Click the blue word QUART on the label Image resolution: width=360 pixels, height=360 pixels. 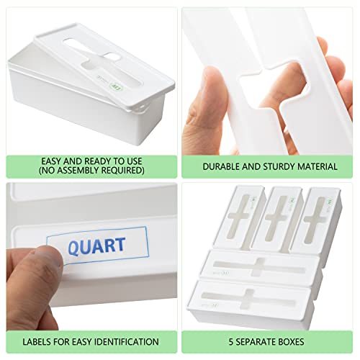click(x=96, y=246)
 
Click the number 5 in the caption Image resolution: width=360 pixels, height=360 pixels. click(x=231, y=342)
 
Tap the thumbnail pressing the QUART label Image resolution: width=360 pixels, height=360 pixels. click(x=53, y=256)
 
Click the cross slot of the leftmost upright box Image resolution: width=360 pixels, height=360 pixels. click(x=239, y=217)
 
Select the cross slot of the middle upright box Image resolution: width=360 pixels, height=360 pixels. click(x=276, y=218)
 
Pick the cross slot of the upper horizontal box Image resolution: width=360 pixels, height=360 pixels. click(x=259, y=267)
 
